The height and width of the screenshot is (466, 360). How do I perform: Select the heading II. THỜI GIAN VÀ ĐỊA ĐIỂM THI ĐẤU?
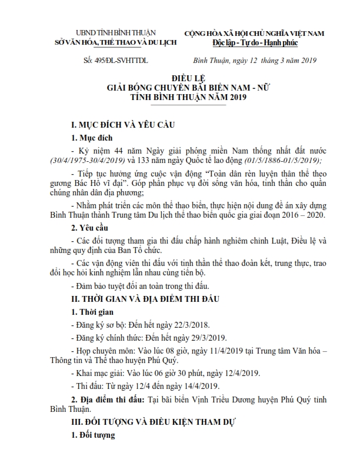click(x=144, y=299)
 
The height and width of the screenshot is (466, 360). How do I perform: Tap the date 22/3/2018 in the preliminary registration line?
click(x=186, y=325)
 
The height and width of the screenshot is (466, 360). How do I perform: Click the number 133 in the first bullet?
click(x=144, y=160)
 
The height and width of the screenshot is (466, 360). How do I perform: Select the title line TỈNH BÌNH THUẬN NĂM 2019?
click(x=181, y=97)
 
